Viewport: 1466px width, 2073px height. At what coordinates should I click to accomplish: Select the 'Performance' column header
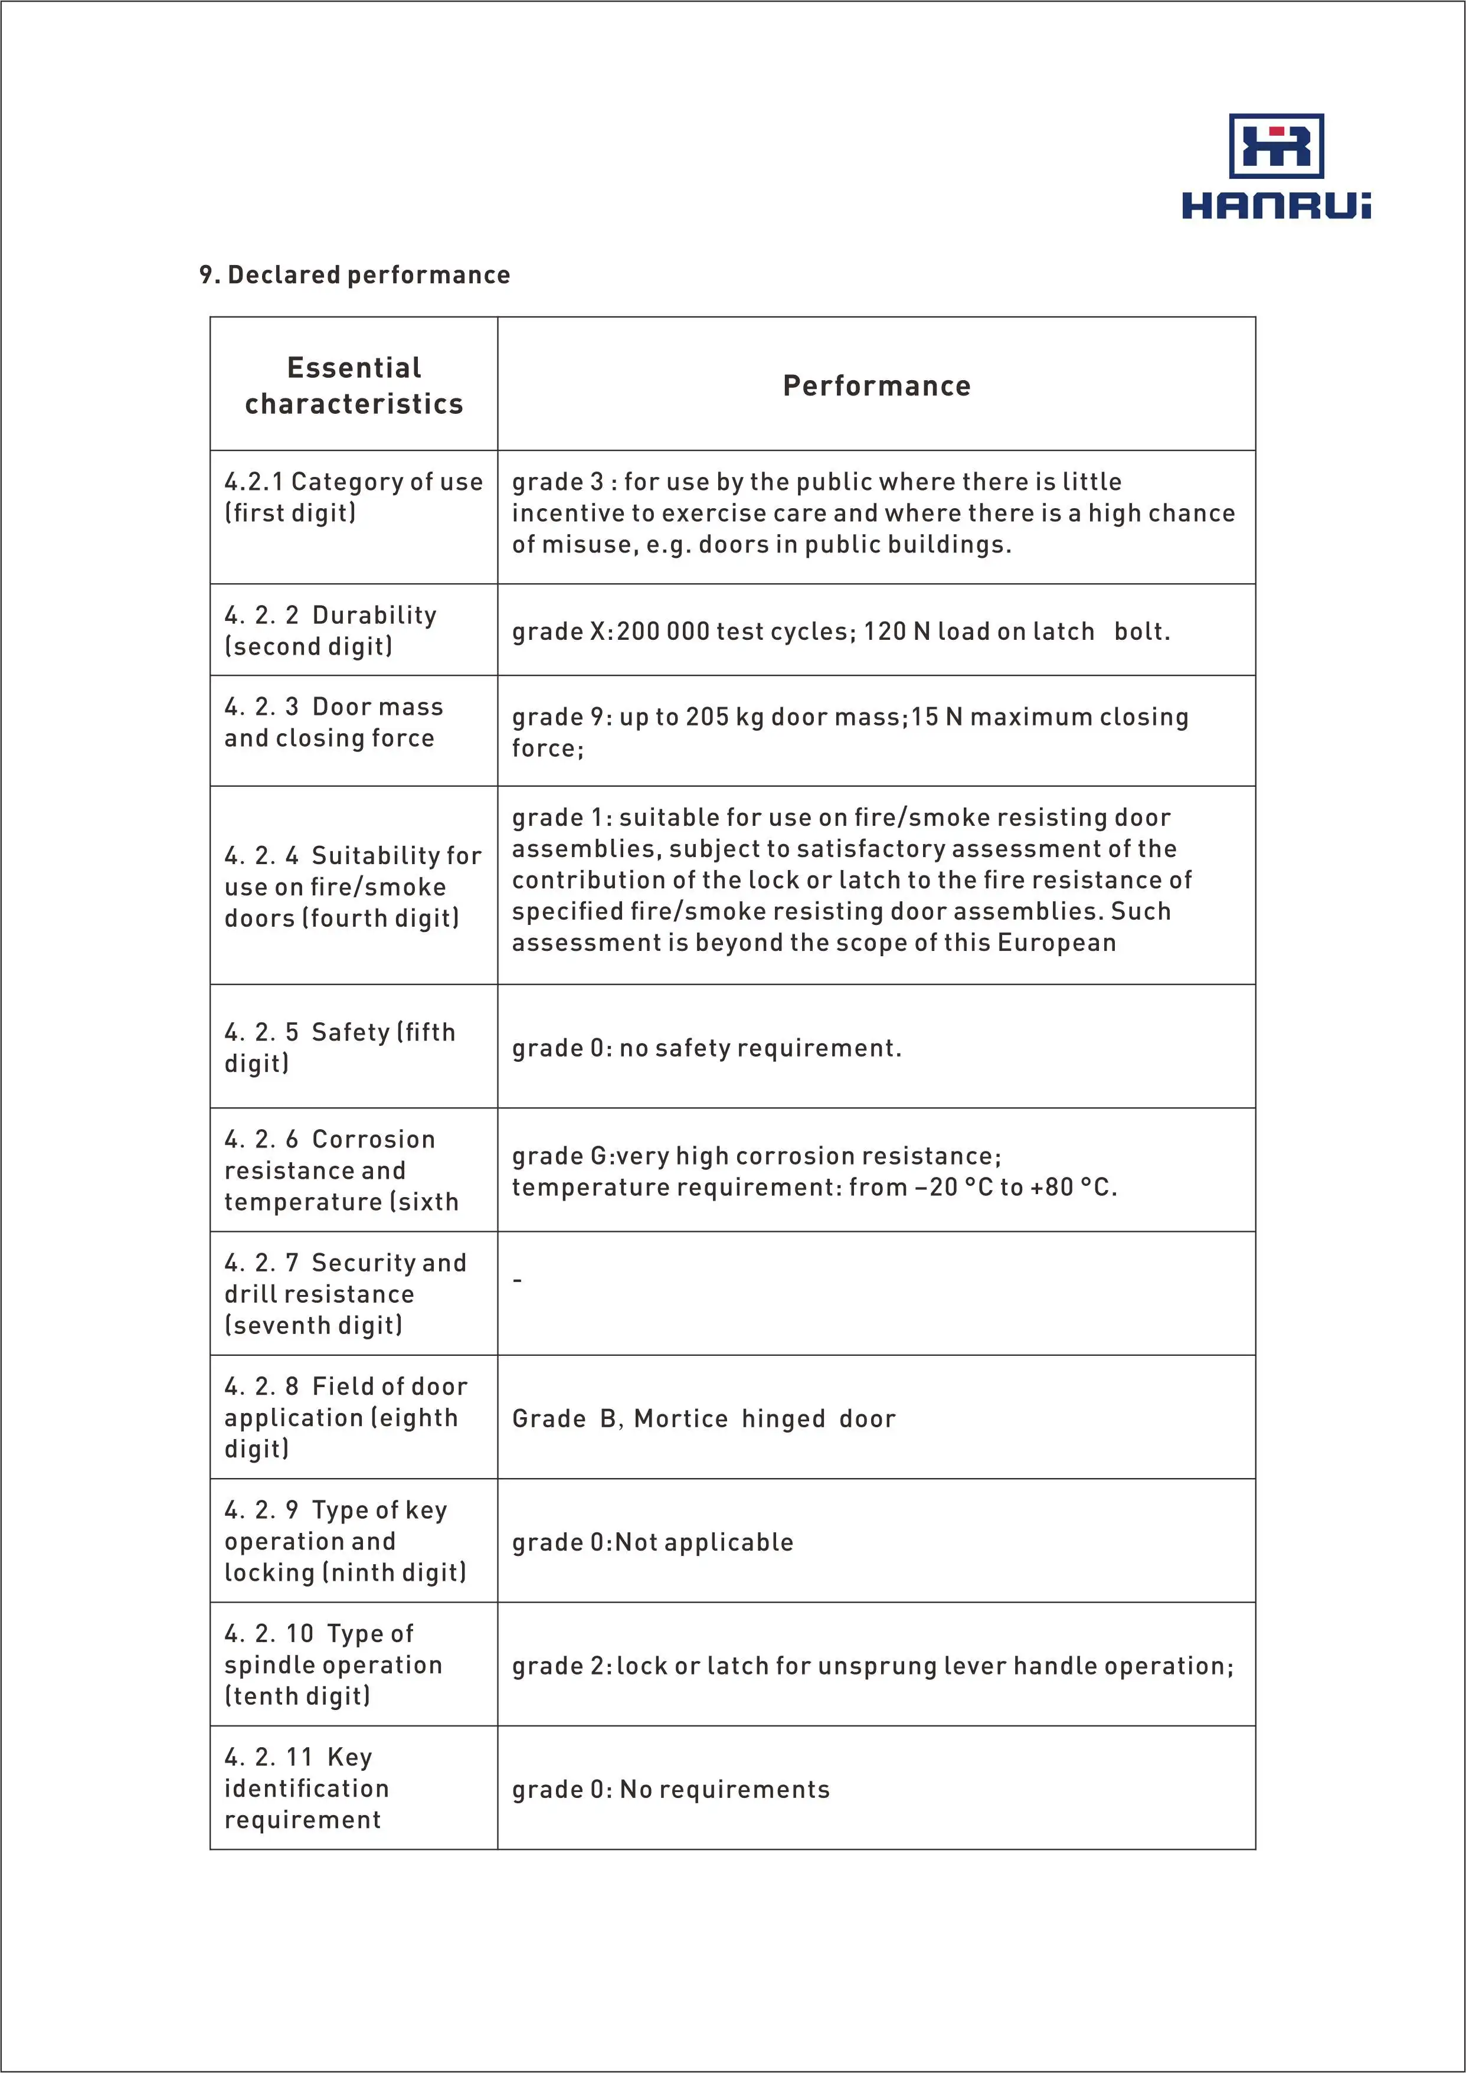point(876,385)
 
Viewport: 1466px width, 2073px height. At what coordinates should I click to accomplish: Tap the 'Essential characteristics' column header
point(354,385)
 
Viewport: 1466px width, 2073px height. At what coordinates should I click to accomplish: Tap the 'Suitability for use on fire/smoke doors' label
point(352,887)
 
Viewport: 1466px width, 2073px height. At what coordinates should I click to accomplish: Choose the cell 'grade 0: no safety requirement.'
point(706,1048)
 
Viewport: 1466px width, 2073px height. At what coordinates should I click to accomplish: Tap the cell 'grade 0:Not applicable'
point(652,1542)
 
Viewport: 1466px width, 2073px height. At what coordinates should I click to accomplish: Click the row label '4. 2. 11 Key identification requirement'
point(306,1788)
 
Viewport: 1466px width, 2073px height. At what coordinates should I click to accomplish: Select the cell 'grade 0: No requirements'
point(670,1790)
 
